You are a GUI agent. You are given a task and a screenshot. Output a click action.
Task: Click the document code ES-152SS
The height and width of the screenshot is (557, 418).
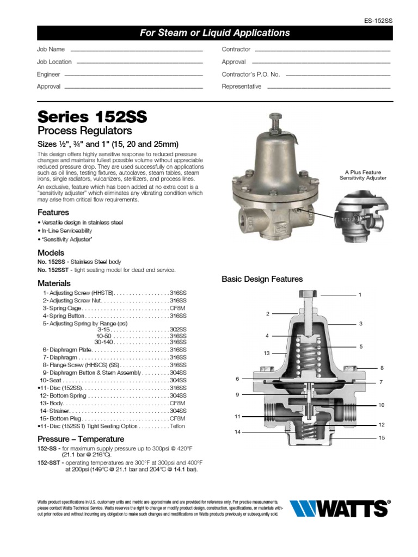[378, 20]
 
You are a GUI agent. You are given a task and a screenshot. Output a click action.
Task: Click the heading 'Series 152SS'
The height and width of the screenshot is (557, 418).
[91, 117]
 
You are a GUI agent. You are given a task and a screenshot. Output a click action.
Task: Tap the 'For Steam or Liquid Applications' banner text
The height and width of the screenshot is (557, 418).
[214, 33]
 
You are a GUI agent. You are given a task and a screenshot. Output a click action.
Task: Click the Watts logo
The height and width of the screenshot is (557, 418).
[340, 509]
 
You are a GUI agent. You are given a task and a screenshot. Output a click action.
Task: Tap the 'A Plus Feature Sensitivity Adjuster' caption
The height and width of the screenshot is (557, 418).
[362, 175]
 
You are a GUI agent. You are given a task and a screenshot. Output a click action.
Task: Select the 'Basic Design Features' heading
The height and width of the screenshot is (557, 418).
[262, 279]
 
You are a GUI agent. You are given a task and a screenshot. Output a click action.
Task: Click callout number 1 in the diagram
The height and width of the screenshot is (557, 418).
[360, 295]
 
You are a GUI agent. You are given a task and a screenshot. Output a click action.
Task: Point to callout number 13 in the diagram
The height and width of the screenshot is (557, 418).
[267, 353]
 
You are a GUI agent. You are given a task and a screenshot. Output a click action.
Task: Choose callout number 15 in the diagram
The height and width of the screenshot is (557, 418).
[382, 438]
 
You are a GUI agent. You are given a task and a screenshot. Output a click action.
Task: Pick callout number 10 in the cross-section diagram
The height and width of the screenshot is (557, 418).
[382, 405]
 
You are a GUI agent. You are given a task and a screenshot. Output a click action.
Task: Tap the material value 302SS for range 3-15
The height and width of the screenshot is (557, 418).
[178, 330]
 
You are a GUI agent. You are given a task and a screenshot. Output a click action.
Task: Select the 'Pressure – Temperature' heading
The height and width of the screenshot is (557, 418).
[81, 439]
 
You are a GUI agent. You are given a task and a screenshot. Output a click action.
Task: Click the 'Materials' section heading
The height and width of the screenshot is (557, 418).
[54, 283]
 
